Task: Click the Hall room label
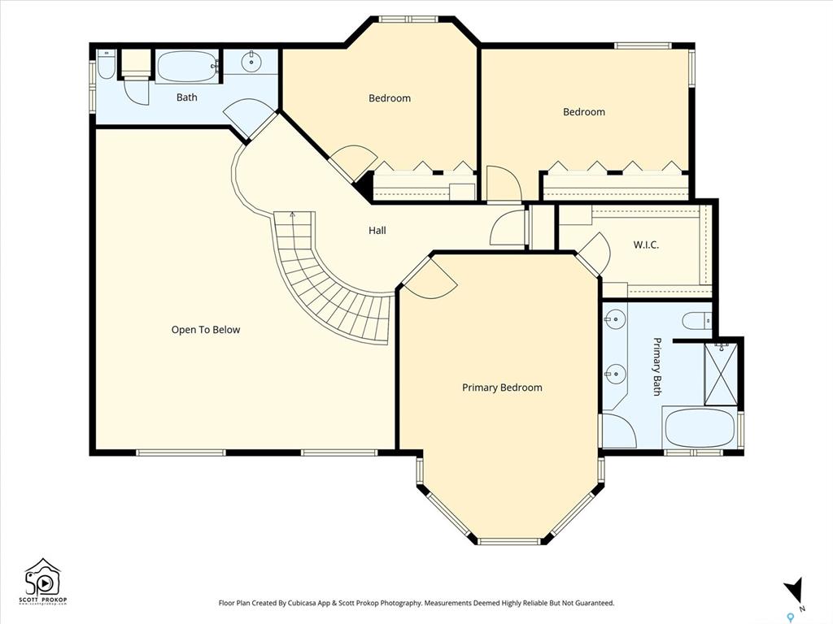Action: pos(377,230)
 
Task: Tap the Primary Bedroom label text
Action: pos(502,388)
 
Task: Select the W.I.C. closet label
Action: pos(646,245)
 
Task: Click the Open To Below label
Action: pos(206,330)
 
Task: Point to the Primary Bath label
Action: pos(657,366)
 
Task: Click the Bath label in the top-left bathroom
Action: pos(186,97)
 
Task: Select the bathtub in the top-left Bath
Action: pos(187,67)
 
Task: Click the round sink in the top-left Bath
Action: pos(251,62)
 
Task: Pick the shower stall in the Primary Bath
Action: pos(721,374)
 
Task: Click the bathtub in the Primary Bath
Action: pos(700,427)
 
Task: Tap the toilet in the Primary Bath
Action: pos(697,320)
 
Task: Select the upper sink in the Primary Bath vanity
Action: pos(614,319)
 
